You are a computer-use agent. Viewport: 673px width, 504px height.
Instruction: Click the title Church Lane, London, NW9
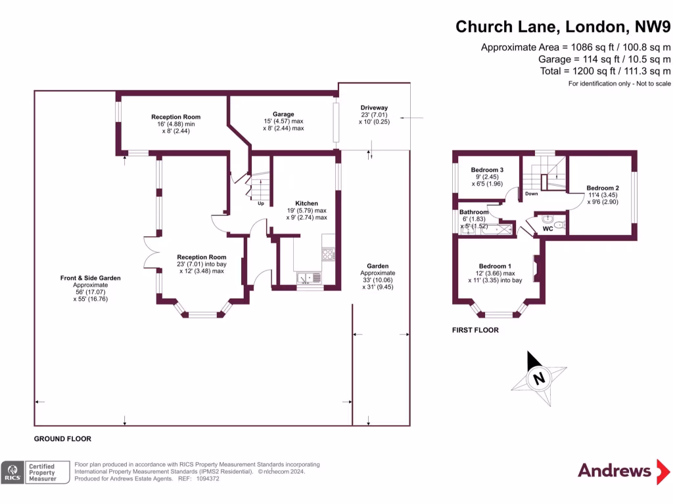[x=563, y=26]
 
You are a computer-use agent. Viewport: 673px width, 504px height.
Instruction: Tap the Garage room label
[x=284, y=114]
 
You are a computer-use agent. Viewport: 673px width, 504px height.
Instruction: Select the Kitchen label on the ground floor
[x=307, y=203]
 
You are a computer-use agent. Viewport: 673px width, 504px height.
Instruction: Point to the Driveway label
[x=374, y=108]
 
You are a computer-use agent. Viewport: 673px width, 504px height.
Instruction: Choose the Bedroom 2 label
[x=603, y=188]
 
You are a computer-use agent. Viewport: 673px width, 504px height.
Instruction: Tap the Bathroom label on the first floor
[x=474, y=212]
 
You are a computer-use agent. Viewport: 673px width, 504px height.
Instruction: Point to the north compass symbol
[x=539, y=379]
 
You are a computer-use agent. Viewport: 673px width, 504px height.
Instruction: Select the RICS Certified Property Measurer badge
[x=37, y=472]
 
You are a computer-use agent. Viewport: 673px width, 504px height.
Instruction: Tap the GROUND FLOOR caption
[x=62, y=439]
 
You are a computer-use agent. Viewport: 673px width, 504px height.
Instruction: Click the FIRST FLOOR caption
[x=475, y=330]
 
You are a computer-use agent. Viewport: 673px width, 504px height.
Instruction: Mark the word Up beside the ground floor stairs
[x=261, y=203]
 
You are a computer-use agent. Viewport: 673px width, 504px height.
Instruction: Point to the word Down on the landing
[x=532, y=194]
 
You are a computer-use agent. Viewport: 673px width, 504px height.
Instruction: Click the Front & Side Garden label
[x=90, y=278]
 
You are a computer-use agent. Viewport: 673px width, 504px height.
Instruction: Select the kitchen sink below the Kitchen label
[x=309, y=278]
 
